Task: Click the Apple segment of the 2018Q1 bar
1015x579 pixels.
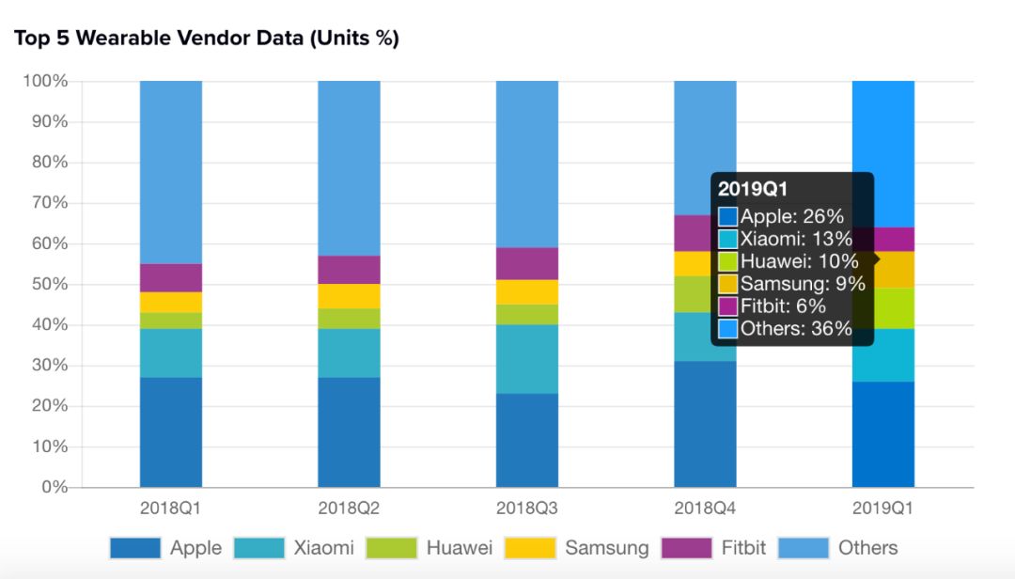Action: (171, 432)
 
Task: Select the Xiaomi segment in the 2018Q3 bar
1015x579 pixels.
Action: (526, 359)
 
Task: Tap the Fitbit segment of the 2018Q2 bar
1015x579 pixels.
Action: (349, 270)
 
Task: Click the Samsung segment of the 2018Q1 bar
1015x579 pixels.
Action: (171, 302)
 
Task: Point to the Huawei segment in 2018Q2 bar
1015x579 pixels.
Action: (349, 319)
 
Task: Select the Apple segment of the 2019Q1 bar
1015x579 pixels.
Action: (883, 434)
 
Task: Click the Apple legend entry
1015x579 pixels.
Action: (195, 548)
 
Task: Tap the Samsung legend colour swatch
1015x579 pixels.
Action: (530, 548)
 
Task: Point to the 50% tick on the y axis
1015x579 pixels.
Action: (44, 285)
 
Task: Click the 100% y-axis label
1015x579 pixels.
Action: (44, 82)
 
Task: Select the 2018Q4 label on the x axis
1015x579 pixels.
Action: (705, 509)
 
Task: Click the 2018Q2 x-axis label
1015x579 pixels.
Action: (349, 509)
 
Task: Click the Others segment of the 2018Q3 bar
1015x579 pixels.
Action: (526, 164)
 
